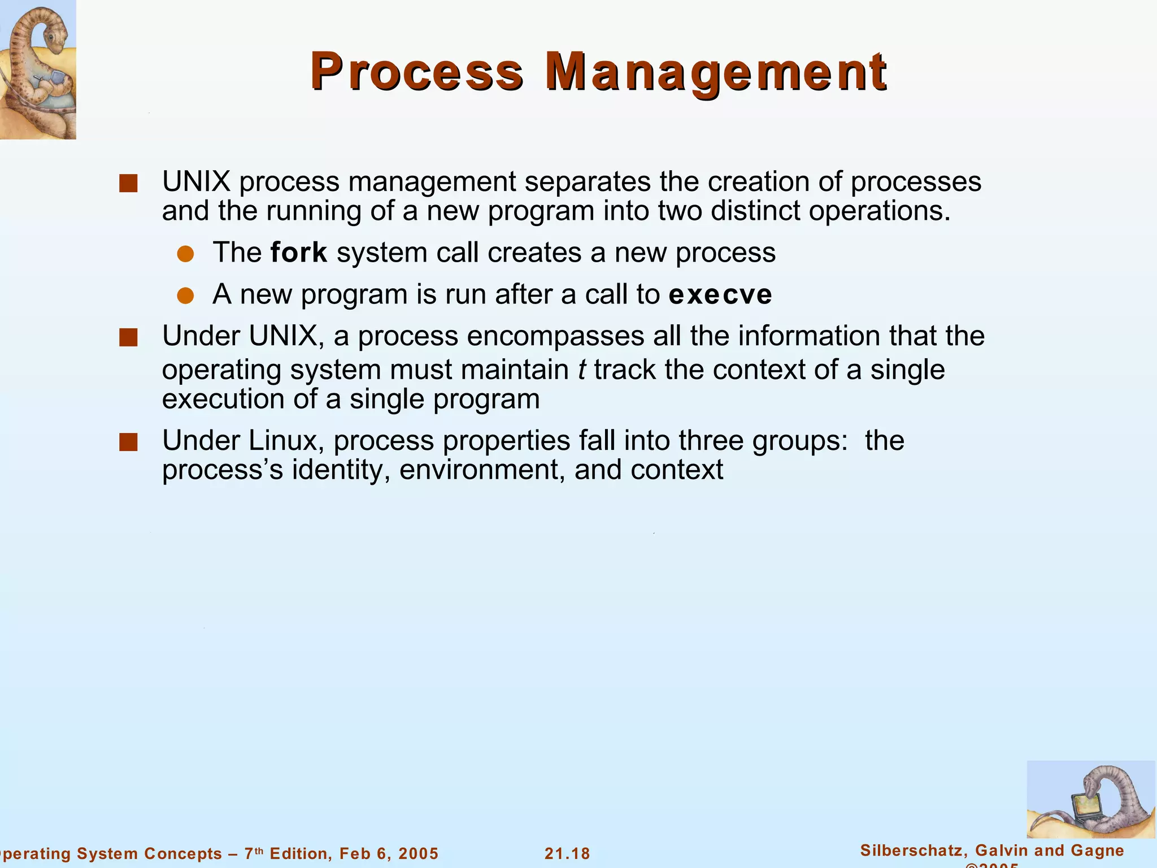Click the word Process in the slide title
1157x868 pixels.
pyautogui.click(x=416, y=72)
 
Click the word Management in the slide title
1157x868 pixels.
pyautogui.click(x=716, y=72)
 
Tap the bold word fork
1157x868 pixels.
pyautogui.click(x=299, y=253)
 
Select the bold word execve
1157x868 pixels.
pyautogui.click(x=720, y=294)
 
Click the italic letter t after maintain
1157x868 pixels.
pyautogui.click(x=582, y=370)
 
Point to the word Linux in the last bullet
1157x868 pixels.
pyautogui.click(x=286, y=441)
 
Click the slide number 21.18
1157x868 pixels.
pyautogui.click(x=567, y=853)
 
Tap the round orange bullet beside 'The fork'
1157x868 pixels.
pyautogui.click(x=185, y=254)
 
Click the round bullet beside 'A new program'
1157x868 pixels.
pyautogui.click(x=185, y=296)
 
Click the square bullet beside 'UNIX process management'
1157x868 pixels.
pyautogui.click(x=129, y=184)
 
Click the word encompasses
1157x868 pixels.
pyautogui.click(x=555, y=336)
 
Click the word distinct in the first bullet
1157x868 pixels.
pyautogui.click(x=756, y=211)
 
